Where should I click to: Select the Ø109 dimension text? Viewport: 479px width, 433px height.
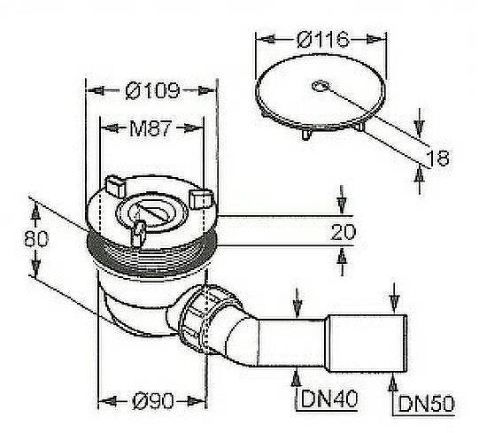pos(151,90)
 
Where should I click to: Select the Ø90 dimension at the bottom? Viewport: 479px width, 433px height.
pos(151,400)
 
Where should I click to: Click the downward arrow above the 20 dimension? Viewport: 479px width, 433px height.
pos(343,204)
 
